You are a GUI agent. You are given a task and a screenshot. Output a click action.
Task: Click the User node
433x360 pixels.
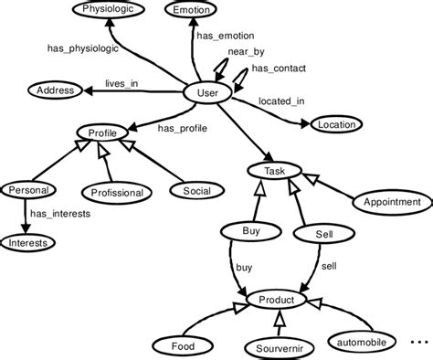click(208, 93)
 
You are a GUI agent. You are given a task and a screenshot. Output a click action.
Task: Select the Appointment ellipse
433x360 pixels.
click(392, 201)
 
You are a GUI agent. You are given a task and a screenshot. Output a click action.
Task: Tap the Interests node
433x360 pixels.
click(28, 243)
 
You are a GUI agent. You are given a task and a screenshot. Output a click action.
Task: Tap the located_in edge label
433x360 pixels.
click(283, 101)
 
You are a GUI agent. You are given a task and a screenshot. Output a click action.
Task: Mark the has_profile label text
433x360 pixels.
click(183, 129)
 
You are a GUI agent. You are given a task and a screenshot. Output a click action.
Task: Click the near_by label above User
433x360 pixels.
click(239, 53)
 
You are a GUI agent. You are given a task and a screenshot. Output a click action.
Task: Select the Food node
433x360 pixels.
click(182, 345)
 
